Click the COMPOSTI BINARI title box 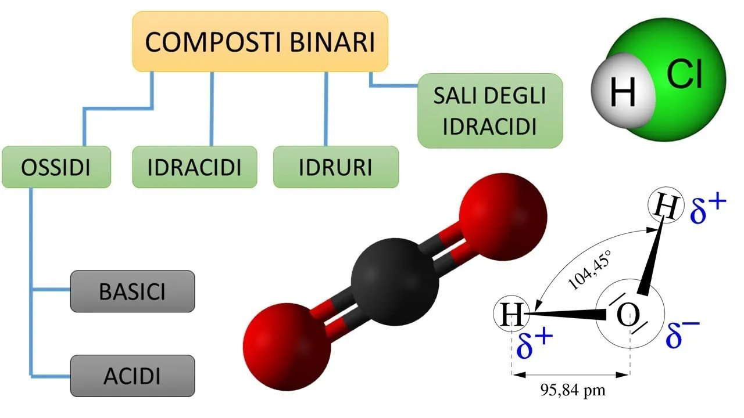260,42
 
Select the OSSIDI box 56,167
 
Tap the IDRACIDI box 194,167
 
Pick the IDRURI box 336,167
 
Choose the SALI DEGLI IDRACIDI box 490,111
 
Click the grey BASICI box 132,291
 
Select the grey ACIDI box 132,376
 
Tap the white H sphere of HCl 622,92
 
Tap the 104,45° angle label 590,271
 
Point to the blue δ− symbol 682,333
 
